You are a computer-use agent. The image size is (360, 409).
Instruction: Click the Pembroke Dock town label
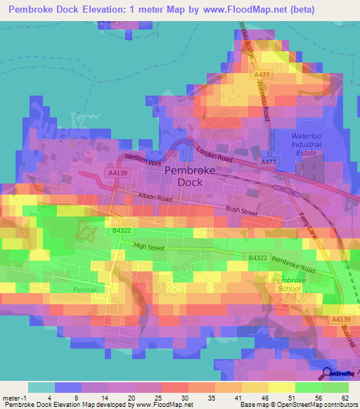(183, 176)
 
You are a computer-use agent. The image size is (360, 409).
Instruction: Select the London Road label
(214, 154)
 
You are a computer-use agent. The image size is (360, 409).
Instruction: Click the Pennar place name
(83, 288)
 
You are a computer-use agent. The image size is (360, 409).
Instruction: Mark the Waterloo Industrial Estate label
(307, 144)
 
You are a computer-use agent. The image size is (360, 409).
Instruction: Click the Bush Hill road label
(347, 336)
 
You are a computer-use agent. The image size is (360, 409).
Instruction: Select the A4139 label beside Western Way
(119, 171)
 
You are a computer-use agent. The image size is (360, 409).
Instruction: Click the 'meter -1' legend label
(14, 397)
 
